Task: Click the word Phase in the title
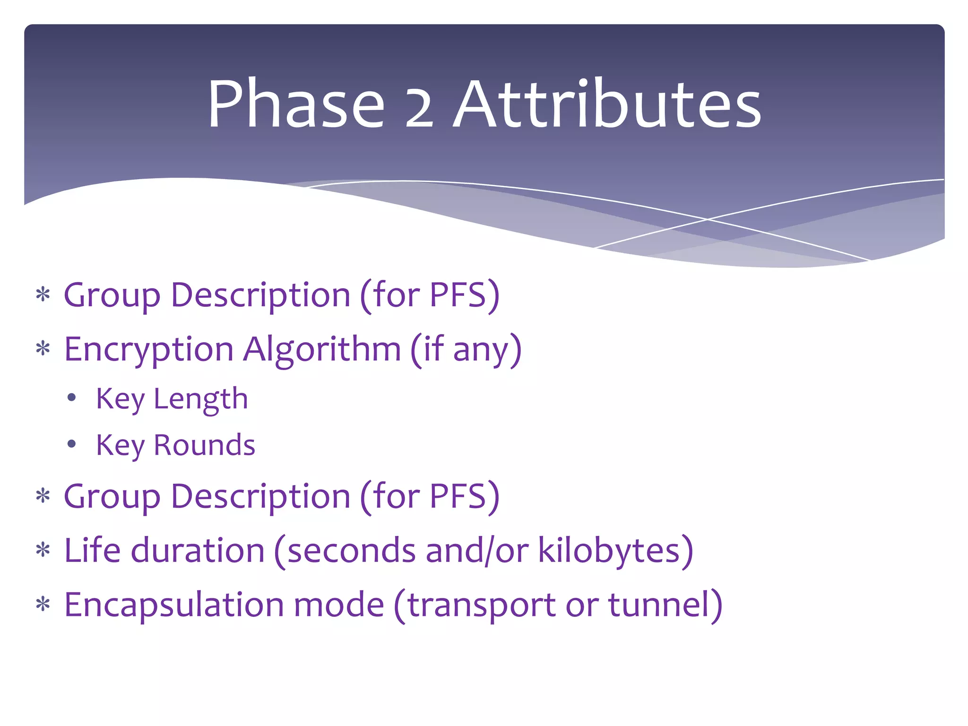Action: (x=296, y=104)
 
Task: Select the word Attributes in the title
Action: (x=607, y=104)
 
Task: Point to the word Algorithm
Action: (x=322, y=350)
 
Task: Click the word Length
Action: (x=201, y=400)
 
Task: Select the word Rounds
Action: (x=204, y=445)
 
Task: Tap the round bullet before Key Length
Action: (x=71, y=398)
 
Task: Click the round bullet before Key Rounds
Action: (x=71, y=444)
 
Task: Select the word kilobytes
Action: (x=609, y=551)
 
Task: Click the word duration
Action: (x=197, y=550)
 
